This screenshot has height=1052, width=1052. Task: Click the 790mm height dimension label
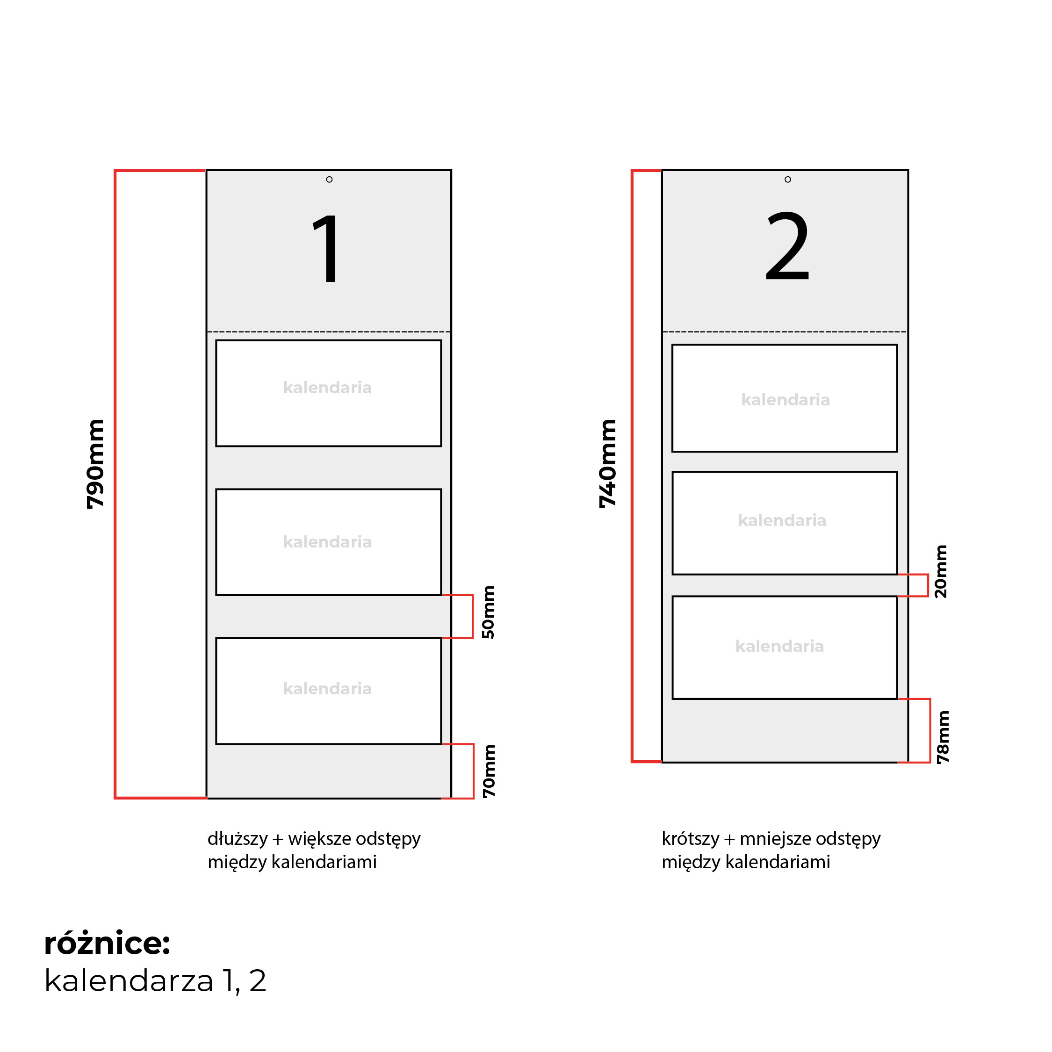click(95, 464)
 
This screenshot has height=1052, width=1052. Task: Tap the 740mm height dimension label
click(608, 464)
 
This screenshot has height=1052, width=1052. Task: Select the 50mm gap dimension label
click(489, 612)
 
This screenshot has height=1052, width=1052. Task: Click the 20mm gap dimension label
click(941, 572)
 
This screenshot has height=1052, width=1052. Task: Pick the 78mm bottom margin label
click(943, 737)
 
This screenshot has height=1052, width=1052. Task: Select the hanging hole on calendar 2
click(788, 180)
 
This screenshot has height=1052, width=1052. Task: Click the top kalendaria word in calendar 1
click(327, 388)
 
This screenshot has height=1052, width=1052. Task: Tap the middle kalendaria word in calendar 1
click(327, 542)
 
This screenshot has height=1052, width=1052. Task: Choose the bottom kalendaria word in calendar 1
click(327, 689)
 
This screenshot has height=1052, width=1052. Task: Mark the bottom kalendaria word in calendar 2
click(780, 646)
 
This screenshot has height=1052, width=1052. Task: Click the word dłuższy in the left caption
click(238, 839)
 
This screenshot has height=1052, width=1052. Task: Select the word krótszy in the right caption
click(691, 839)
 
